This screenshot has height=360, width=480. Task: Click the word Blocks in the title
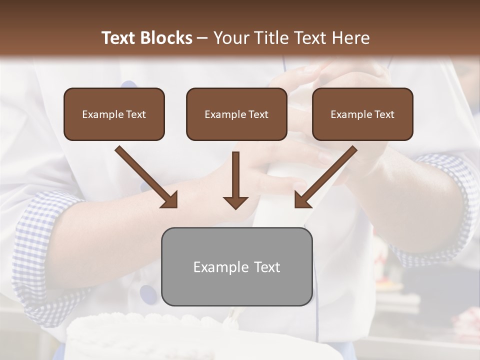pyautogui.click(x=167, y=38)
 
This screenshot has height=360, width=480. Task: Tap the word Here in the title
pyautogui.click(x=350, y=38)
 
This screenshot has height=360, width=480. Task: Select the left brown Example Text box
pyautogui.click(x=114, y=114)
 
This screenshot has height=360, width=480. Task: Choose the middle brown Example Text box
pyautogui.click(x=236, y=114)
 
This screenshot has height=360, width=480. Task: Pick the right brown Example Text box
pyautogui.click(x=362, y=114)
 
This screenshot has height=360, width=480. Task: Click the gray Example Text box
pyautogui.click(x=236, y=266)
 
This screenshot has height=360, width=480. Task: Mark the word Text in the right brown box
pyautogui.click(x=384, y=114)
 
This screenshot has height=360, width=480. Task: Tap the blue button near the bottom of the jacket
pyautogui.click(x=147, y=293)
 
